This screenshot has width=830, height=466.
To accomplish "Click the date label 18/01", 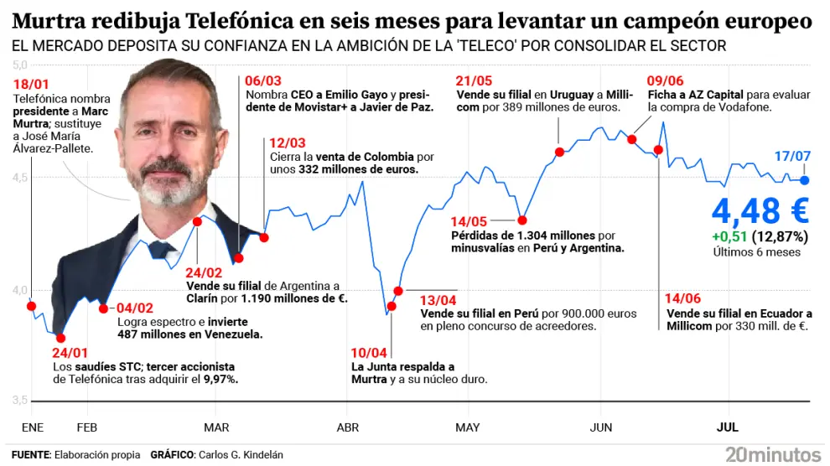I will (x=30, y=85).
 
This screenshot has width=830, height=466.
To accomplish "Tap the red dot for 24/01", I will (x=60, y=338).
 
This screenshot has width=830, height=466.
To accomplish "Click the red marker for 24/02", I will (x=198, y=222).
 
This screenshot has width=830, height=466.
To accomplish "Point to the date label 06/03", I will (x=263, y=80).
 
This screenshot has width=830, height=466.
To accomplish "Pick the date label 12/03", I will (x=288, y=142).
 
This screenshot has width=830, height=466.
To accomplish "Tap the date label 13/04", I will (x=438, y=299).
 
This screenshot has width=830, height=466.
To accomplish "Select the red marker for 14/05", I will (x=522, y=220).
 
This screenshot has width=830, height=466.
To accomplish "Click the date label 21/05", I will (x=475, y=80).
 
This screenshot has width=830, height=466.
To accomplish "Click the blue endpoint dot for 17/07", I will (x=805, y=180).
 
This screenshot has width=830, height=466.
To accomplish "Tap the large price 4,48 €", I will (x=759, y=210).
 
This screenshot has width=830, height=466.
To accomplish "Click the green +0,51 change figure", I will (x=729, y=236).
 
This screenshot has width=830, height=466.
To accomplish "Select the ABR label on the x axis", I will (x=347, y=427).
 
